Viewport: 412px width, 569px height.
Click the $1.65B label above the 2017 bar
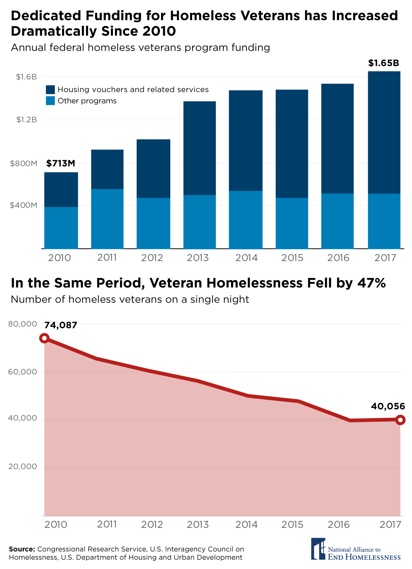point(384,63)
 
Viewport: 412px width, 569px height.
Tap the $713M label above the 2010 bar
point(60,164)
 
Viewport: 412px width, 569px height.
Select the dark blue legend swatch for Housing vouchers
point(50,90)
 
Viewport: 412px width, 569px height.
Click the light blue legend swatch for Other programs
point(50,101)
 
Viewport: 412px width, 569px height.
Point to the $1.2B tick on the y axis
point(26,120)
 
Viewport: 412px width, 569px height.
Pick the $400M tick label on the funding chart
point(23,205)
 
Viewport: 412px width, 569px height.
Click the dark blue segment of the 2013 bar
point(199,148)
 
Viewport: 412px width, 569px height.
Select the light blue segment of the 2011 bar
point(107,218)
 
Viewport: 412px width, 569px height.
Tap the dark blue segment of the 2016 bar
point(337,138)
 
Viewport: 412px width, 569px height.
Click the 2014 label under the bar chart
point(246,258)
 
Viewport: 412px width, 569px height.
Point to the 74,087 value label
point(60,325)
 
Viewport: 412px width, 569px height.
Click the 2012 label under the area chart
point(152,525)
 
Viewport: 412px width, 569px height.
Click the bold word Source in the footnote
point(22,549)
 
